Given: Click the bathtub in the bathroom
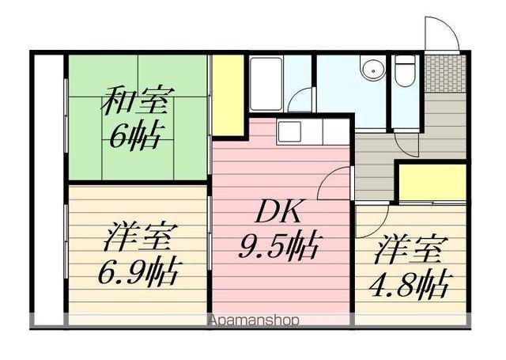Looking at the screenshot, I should [266, 82].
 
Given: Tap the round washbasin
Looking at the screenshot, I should [372, 69].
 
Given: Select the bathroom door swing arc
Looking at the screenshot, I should [302, 100].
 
